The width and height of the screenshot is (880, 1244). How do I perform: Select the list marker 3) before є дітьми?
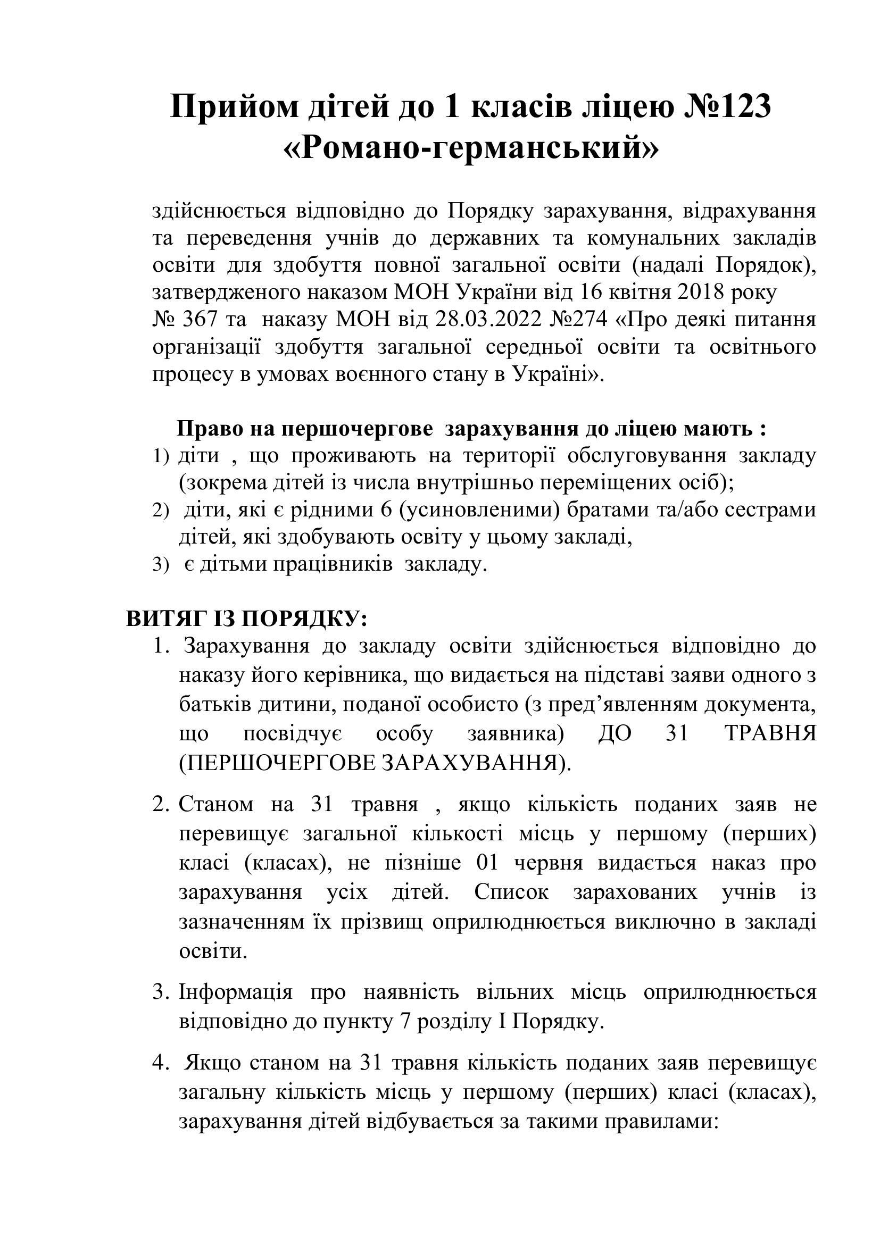pos(161,566)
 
